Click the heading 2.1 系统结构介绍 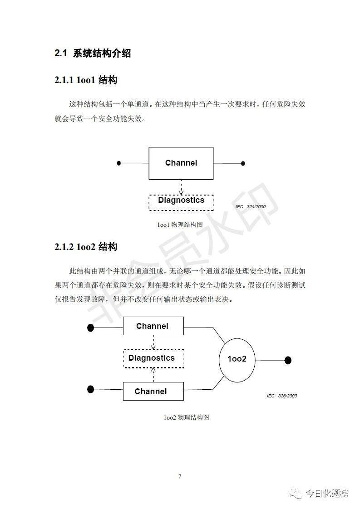(x=93, y=53)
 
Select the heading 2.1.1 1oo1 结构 (x=86, y=80)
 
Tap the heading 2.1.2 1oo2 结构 (x=86, y=247)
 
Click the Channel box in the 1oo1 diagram (x=181, y=163)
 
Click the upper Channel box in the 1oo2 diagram (x=153, y=326)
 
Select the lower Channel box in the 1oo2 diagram (x=153, y=391)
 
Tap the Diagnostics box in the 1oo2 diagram (x=153, y=358)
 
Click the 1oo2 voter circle (x=237, y=359)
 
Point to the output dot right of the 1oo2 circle (x=287, y=360)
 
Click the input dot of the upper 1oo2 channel (x=91, y=328)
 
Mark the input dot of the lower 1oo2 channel (x=91, y=389)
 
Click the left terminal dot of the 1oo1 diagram (x=119, y=163)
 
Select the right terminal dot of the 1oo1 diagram (x=243, y=163)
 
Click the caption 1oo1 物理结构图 (x=180, y=224)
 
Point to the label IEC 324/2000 (x=251, y=206)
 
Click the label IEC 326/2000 (x=281, y=396)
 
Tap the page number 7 (x=180, y=476)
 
